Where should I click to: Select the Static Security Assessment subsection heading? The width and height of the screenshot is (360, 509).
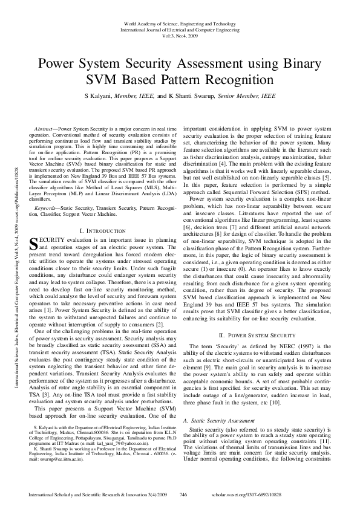pyautogui.click(x=220, y=420)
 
